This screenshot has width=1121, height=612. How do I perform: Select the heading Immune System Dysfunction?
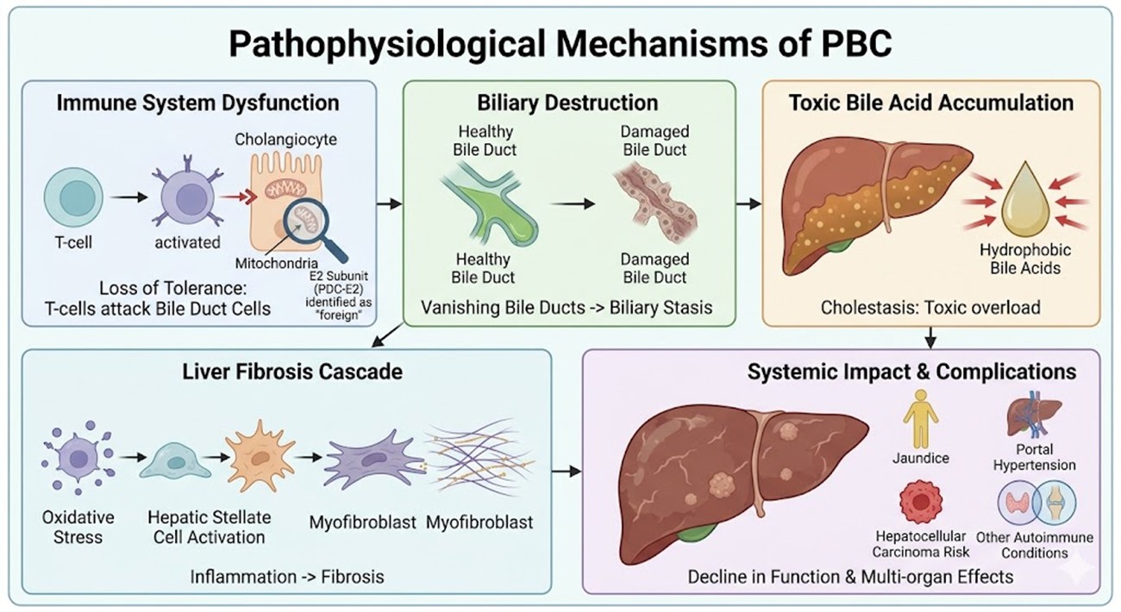tap(197, 103)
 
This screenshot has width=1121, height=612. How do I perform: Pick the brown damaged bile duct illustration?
tap(654, 206)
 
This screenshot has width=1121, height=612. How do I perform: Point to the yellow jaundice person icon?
tap(920, 417)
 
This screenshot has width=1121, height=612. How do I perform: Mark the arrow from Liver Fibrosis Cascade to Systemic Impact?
tap(566, 471)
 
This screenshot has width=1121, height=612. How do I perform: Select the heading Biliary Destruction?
tap(567, 103)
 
